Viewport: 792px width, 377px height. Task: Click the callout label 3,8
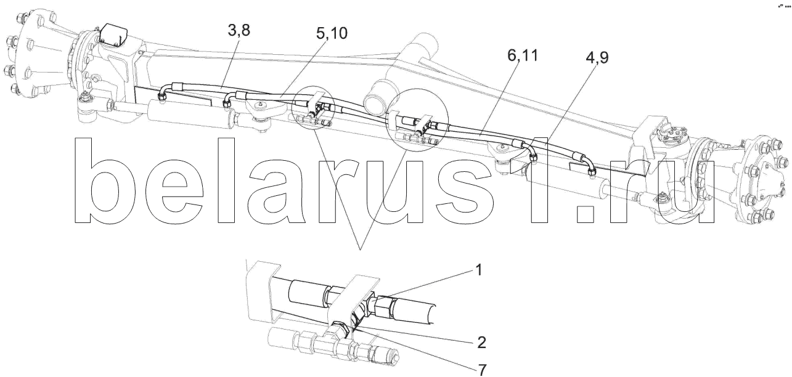point(239,31)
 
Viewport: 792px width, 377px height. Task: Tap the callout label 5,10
point(332,33)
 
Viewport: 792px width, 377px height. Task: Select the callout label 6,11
point(523,55)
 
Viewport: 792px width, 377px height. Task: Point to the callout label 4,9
point(597,58)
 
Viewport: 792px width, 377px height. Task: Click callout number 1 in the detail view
point(479,270)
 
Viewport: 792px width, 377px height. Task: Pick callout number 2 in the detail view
point(481,342)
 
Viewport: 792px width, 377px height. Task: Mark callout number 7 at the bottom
point(481,370)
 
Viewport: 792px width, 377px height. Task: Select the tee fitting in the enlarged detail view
point(340,340)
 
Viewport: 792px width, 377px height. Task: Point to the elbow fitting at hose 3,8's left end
point(164,93)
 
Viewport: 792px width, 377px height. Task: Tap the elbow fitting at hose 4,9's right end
point(587,164)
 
